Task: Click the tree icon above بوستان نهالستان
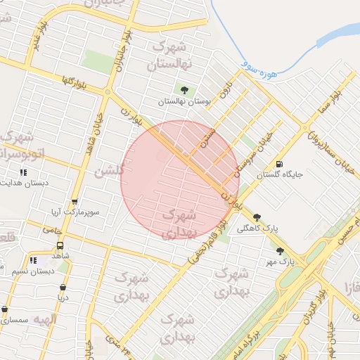184,90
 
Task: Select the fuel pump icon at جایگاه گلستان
280,163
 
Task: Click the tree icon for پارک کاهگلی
257,217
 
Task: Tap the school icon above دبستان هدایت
24,172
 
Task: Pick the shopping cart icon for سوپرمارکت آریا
75,202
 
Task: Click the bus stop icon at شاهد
60,246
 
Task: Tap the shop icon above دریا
63,287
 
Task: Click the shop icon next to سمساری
5,309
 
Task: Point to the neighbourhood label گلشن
111,169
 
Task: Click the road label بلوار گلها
73,80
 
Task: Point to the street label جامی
52,229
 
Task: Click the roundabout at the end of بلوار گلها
108,92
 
